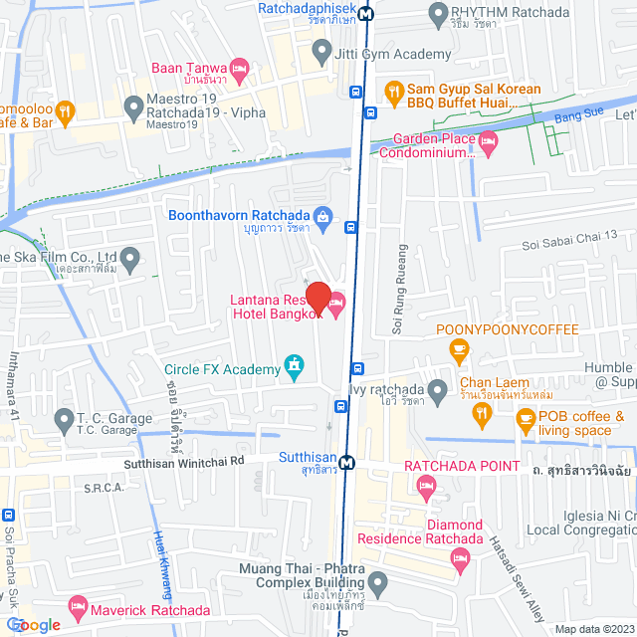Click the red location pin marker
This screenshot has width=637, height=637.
[x=318, y=298]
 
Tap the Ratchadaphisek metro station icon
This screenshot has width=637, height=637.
[x=367, y=14]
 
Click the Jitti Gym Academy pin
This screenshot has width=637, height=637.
[x=320, y=49]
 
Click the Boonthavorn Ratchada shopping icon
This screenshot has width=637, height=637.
[x=321, y=215]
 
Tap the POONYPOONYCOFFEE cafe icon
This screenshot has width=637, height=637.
[x=458, y=348]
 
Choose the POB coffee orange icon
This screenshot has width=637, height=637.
[x=525, y=422]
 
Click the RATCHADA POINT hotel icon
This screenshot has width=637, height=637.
[x=427, y=486]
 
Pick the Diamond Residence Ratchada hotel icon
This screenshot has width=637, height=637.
[x=460, y=556]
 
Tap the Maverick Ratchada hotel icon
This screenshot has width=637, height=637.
[x=77, y=604]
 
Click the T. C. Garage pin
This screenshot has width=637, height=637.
[x=65, y=418]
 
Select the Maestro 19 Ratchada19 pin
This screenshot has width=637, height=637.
[x=132, y=105]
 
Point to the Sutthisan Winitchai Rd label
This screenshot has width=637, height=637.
[x=184, y=462]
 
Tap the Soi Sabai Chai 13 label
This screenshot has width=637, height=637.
[x=571, y=247]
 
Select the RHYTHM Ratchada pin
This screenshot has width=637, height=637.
[x=436, y=13]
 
